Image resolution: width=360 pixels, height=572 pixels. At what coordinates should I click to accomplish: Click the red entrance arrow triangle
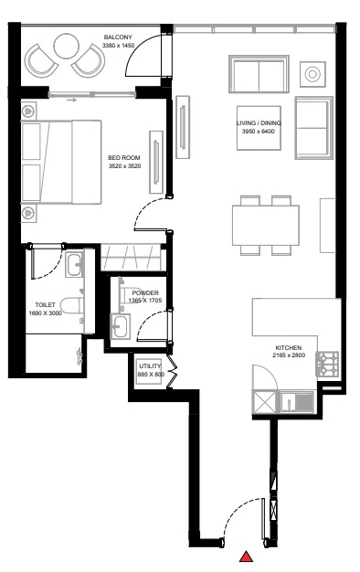(246, 556)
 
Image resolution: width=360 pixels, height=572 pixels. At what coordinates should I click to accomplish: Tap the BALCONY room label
(119, 37)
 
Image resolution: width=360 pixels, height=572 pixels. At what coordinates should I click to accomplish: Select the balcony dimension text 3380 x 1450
(119, 45)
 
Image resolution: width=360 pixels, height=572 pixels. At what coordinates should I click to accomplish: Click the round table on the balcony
(67, 46)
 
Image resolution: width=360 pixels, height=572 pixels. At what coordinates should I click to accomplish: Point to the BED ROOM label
(123, 158)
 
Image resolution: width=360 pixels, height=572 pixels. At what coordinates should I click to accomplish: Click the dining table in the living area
(265, 224)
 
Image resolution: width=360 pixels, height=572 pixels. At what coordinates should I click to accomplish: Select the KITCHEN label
(289, 348)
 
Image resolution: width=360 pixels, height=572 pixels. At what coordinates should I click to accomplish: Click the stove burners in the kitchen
(326, 364)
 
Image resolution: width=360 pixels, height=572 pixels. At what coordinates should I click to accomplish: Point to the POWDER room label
(145, 292)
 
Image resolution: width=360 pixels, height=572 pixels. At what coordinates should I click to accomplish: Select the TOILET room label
(46, 304)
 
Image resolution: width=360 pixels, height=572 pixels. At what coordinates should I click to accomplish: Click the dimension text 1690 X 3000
(46, 312)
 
